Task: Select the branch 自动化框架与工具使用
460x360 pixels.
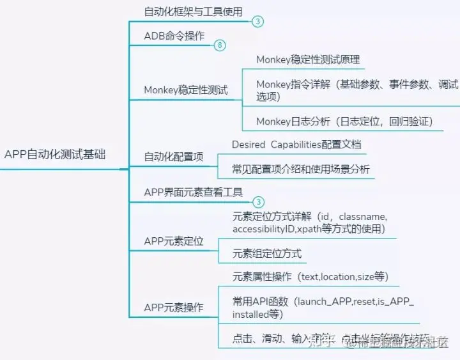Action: click(x=193, y=11)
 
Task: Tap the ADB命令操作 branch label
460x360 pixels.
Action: click(x=174, y=36)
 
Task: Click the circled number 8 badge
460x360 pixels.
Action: click(x=220, y=45)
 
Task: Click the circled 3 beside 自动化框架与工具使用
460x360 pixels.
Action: click(x=257, y=21)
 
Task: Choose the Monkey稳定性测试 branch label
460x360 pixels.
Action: click(x=185, y=90)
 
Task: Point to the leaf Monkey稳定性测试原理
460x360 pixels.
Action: click(x=308, y=59)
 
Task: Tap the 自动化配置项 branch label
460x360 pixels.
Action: click(x=174, y=157)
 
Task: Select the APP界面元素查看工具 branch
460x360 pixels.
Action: click(x=193, y=192)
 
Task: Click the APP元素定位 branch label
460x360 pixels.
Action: click(x=174, y=241)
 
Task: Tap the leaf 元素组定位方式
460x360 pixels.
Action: click(x=267, y=253)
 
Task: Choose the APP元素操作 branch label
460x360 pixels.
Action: click(x=174, y=307)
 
